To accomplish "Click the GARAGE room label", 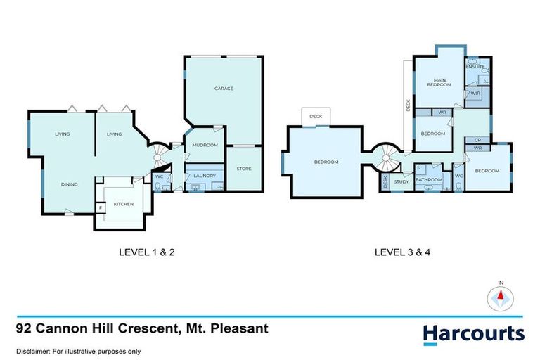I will [224, 89].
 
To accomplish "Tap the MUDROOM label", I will [205, 145].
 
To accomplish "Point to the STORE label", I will [245, 169].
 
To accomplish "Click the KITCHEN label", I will [124, 204].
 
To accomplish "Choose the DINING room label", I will [69, 184].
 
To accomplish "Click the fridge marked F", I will [101, 207].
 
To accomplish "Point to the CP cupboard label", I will [477, 140].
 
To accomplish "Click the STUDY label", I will [401, 182].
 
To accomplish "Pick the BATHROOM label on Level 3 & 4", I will [428, 179].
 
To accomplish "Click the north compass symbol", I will [501, 298].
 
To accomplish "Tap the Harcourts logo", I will [473, 333].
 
